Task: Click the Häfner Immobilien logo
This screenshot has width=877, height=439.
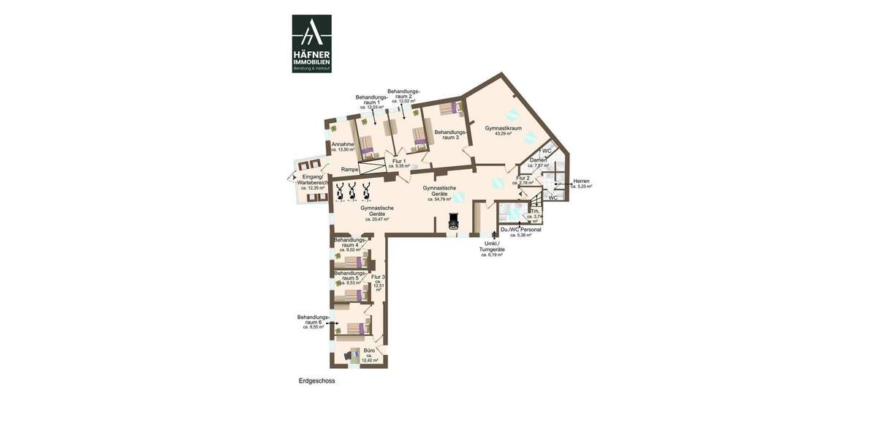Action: coord(312,43)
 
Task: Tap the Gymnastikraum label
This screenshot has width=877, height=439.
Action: coord(503,128)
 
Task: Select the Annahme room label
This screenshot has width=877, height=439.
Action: coord(343,145)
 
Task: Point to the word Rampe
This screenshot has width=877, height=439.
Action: coord(349,170)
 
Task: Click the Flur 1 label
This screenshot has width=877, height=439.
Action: coord(399,161)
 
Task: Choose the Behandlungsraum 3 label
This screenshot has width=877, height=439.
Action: coord(447,135)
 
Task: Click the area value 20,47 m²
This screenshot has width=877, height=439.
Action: coord(377,219)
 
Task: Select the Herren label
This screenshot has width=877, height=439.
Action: coord(581,181)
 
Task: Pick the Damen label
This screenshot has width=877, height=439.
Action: coord(538,160)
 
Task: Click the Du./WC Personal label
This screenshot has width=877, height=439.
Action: coord(520,230)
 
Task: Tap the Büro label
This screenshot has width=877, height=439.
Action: coord(369,350)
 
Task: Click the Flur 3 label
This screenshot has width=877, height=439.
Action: coord(378,277)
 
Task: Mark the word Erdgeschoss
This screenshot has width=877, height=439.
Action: coord(316,381)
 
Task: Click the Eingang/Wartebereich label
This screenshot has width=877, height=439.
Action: coord(312,180)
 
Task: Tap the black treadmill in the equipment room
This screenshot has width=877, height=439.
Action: coord(453,222)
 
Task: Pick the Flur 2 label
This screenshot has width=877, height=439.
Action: coord(523,178)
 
